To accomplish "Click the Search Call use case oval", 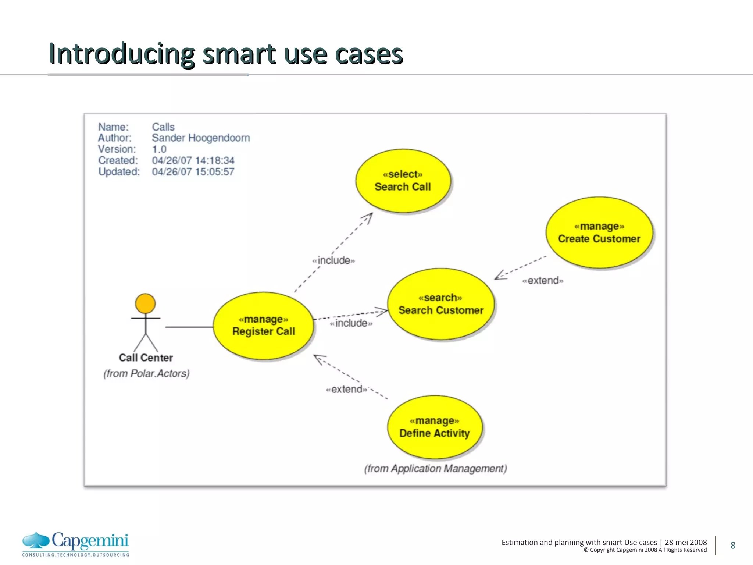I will (x=403, y=181).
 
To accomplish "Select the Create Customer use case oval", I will (x=599, y=232).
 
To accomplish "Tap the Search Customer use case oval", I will (x=441, y=304).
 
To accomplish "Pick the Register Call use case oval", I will (x=263, y=326).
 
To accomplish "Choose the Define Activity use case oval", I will (x=435, y=427).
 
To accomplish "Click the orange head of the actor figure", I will (x=145, y=303).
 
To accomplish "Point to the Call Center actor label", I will (x=146, y=358).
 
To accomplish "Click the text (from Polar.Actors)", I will (x=146, y=373).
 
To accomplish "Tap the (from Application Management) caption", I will (x=435, y=469).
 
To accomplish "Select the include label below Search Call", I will (x=333, y=260).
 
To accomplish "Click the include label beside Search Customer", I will (x=351, y=323).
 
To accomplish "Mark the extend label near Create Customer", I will (x=543, y=281).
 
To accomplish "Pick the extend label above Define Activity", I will (x=346, y=389).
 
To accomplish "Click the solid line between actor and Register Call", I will (x=189, y=327).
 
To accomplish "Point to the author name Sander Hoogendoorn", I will (x=201, y=138).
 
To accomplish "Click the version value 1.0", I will (x=159, y=149).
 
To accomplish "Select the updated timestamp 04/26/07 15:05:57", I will (x=193, y=172).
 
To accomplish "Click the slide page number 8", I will (x=733, y=545).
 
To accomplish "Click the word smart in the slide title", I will (x=239, y=54).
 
